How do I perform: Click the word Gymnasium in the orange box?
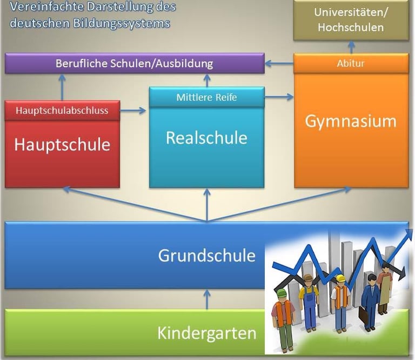(x=351, y=121)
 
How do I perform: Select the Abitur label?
(x=351, y=63)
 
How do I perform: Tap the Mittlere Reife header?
(x=206, y=97)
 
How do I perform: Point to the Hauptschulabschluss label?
(x=62, y=111)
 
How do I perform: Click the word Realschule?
(x=206, y=138)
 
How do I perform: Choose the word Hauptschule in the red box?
(x=62, y=145)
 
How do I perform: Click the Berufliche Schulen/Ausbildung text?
(x=134, y=63)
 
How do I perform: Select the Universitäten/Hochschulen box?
(x=351, y=20)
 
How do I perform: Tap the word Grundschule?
(x=206, y=255)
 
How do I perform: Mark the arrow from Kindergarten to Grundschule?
(x=206, y=299)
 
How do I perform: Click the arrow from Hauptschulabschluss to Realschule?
(x=134, y=111)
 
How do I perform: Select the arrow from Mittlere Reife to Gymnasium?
(x=279, y=97)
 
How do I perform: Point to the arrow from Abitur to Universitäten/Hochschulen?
(x=351, y=47)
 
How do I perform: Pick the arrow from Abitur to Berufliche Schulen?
(x=279, y=64)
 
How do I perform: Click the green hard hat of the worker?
(x=282, y=293)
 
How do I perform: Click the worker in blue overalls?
(x=309, y=304)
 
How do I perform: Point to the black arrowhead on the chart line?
(x=401, y=274)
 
